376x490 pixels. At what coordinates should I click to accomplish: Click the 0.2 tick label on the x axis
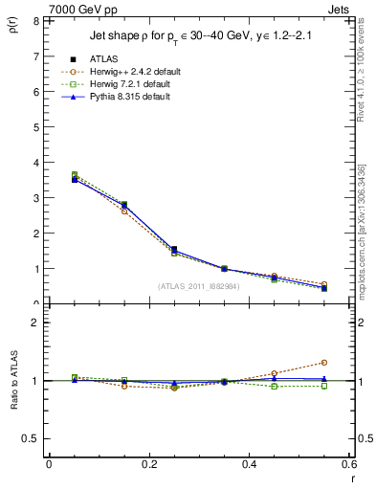(149, 464)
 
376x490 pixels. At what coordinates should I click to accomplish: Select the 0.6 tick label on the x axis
(350, 464)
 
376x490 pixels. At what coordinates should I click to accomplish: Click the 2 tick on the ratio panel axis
(36, 323)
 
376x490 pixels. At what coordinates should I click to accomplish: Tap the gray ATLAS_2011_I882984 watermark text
(199, 285)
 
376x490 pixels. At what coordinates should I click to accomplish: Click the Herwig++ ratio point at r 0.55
(324, 363)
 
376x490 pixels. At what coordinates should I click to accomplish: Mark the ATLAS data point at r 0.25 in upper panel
(173, 250)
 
